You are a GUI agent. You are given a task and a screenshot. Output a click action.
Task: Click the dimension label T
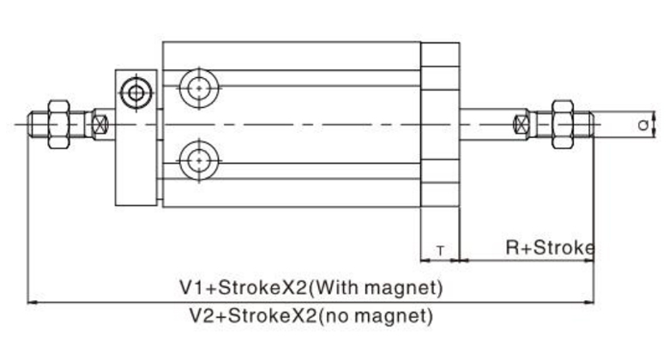pyautogui.click(x=440, y=250)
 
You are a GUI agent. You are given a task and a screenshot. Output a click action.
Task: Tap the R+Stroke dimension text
pyautogui.click(x=549, y=249)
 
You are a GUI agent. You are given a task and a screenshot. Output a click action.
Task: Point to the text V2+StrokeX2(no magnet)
pyautogui.click(x=310, y=315)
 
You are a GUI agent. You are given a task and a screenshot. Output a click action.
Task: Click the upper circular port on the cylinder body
pyautogui.click(x=199, y=87)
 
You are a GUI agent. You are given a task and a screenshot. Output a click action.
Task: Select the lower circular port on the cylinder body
pyautogui.click(x=199, y=159)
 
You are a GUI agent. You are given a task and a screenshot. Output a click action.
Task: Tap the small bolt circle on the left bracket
pyautogui.click(x=135, y=92)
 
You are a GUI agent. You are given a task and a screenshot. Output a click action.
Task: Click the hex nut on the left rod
pyautogui.click(x=57, y=124)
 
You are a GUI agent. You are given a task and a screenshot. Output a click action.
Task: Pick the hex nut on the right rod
pyautogui.click(x=563, y=124)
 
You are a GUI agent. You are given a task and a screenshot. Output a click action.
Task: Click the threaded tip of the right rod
pyautogui.click(x=584, y=124)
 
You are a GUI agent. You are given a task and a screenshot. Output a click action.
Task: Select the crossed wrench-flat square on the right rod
pyautogui.click(x=519, y=124)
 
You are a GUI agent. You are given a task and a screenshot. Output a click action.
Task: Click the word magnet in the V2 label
pyautogui.click(x=394, y=315)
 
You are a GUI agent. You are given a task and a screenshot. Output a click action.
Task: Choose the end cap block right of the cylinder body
pyautogui.click(x=440, y=124)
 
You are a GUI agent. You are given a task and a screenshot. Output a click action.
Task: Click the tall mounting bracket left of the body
pyautogui.click(x=136, y=137)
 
